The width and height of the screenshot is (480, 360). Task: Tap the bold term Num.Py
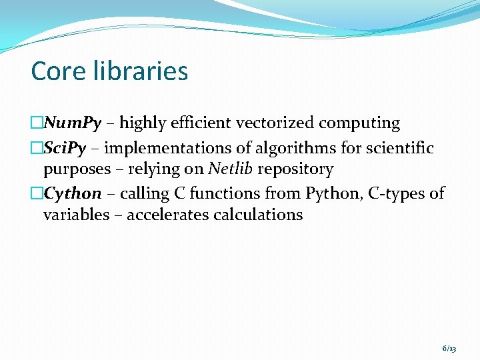click(73, 123)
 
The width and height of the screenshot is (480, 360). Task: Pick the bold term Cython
click(73, 193)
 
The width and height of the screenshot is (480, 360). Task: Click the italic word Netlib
click(231, 169)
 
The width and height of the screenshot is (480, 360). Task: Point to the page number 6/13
click(449, 349)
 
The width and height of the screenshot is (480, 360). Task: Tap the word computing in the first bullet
click(359, 123)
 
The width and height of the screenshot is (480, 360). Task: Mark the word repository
click(295, 169)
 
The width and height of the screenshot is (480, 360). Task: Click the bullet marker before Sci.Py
click(37, 148)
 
